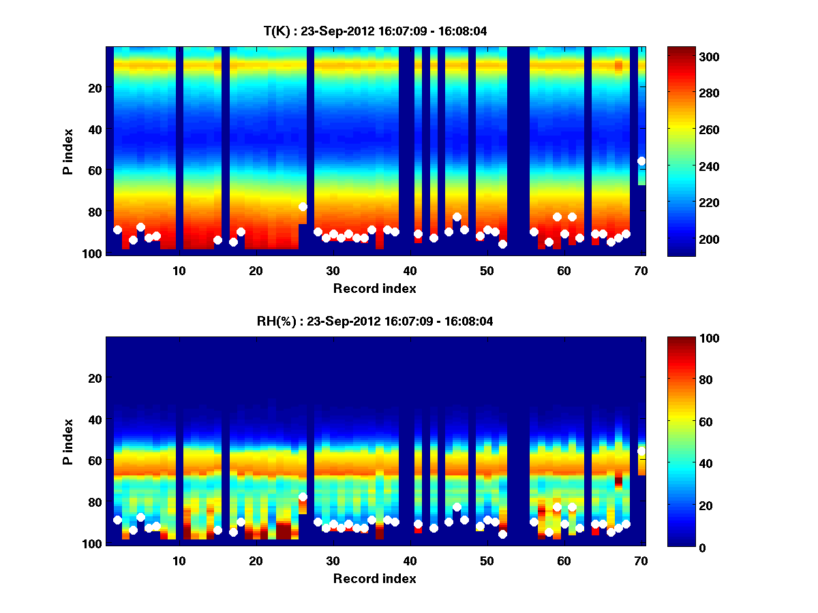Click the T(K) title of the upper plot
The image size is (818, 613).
(375, 31)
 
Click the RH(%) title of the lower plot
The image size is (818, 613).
(375, 321)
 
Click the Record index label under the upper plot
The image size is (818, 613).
(375, 288)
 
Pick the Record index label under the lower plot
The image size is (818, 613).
(375, 578)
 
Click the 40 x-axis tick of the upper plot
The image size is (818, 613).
(410, 270)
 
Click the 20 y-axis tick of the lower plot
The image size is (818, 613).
(95, 378)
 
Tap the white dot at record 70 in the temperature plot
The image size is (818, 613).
(641, 161)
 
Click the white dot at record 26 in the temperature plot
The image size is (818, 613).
(303, 206)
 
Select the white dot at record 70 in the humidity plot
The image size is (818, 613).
(641, 451)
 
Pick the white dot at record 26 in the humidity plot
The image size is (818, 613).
(303, 497)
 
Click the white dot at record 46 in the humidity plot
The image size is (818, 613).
(457, 507)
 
